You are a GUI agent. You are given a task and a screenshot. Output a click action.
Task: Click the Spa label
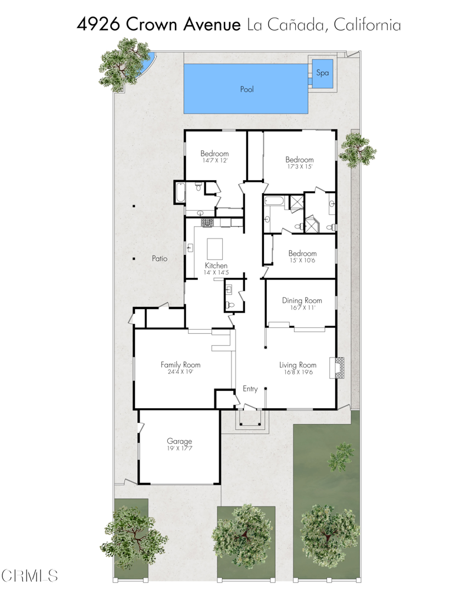(322, 73)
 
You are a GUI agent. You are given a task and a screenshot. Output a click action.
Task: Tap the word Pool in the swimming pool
(246, 90)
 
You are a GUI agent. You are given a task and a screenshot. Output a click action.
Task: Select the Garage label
(179, 441)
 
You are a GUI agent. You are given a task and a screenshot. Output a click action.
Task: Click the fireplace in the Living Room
(339, 367)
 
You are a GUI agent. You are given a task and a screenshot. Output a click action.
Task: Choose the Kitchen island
(216, 246)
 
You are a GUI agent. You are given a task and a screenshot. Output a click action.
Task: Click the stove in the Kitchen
(207, 223)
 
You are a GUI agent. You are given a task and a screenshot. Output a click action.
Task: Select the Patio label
(160, 258)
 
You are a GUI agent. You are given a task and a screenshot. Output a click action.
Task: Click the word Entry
(250, 389)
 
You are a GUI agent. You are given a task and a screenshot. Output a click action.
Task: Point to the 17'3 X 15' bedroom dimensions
(299, 167)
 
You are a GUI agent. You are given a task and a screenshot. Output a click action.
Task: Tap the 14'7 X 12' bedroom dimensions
(214, 160)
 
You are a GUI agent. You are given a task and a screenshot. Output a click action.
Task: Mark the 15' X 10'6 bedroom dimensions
(302, 260)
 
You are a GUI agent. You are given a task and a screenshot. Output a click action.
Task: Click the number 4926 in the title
(100, 25)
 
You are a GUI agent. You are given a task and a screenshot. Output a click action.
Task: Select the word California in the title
(367, 25)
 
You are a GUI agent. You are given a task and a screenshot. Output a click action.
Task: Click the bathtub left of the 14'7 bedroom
(179, 193)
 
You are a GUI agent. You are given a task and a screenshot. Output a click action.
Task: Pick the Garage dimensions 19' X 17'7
(179, 448)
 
